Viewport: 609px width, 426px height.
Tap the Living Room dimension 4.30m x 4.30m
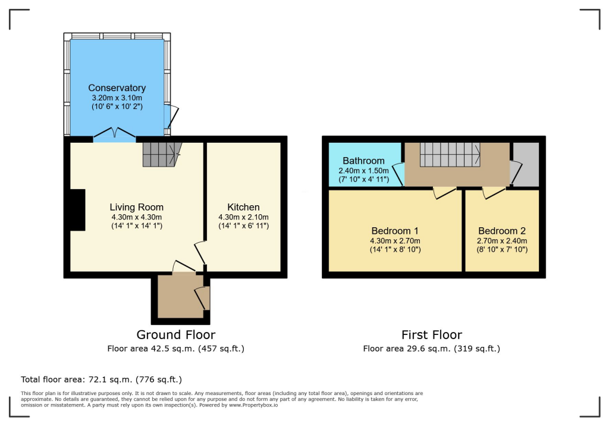click(x=136, y=217)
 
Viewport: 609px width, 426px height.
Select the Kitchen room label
click(x=244, y=207)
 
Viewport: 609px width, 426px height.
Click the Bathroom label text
click(x=363, y=161)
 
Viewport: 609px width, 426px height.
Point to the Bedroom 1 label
click(x=395, y=231)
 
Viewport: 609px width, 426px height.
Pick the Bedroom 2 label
click(x=502, y=231)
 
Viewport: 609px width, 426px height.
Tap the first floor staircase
click(x=450, y=155)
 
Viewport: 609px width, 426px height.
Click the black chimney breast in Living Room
click(x=77, y=209)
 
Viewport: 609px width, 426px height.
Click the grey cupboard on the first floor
click(x=526, y=164)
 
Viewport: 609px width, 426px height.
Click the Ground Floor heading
click(x=175, y=335)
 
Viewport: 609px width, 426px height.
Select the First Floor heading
click(x=431, y=335)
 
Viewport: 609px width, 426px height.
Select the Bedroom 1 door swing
click(x=444, y=193)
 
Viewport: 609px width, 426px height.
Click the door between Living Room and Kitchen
click(x=200, y=253)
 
